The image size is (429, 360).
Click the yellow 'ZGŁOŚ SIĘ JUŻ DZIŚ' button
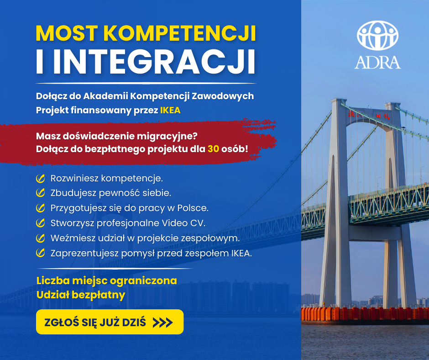pyautogui.click(x=110, y=322)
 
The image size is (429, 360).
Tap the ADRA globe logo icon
pyautogui.click(x=377, y=35)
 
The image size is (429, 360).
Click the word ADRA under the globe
pyautogui.click(x=377, y=63)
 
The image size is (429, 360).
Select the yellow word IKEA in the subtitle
pyautogui.click(x=170, y=110)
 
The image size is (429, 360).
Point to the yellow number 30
pyautogui.click(x=214, y=149)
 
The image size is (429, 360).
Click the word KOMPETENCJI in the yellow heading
pyautogui.click(x=179, y=33)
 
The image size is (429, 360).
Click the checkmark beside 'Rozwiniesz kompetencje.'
pyautogui.click(x=41, y=178)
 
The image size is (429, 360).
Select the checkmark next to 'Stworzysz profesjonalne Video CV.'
pyautogui.click(x=41, y=223)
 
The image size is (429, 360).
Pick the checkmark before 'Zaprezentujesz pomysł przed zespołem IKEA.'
pyautogui.click(x=41, y=253)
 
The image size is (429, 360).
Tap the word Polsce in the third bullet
pyautogui.click(x=193, y=208)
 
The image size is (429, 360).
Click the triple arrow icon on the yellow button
pyautogui.click(x=163, y=323)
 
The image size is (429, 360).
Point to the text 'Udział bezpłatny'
pyautogui.click(x=81, y=295)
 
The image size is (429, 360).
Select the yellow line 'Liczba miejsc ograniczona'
pyautogui.click(x=107, y=281)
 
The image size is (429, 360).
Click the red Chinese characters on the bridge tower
pyautogui.click(x=369, y=115)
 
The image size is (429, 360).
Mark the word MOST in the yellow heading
pyautogui.click(x=67, y=33)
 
